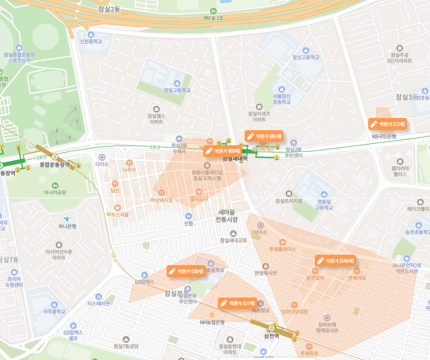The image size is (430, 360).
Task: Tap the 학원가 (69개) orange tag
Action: point(223,151)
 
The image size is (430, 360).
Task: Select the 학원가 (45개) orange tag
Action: point(264,136)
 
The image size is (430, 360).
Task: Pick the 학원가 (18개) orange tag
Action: point(186,271)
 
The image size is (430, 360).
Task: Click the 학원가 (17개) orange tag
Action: point(237,303)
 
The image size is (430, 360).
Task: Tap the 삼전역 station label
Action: point(271,336)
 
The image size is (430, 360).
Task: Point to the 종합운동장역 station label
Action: point(55,164)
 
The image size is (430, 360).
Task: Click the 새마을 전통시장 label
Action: point(227,216)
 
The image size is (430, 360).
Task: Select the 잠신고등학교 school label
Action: point(305,57)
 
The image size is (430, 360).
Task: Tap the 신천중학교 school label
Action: point(91,41)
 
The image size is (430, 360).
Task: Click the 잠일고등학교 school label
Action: point(177,90)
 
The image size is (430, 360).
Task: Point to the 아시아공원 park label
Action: point(55,192)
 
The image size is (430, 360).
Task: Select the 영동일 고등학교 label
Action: point(324,204)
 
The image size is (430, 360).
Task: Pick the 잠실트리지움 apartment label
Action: point(289,201)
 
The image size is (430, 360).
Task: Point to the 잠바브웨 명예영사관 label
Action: point(327,327)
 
